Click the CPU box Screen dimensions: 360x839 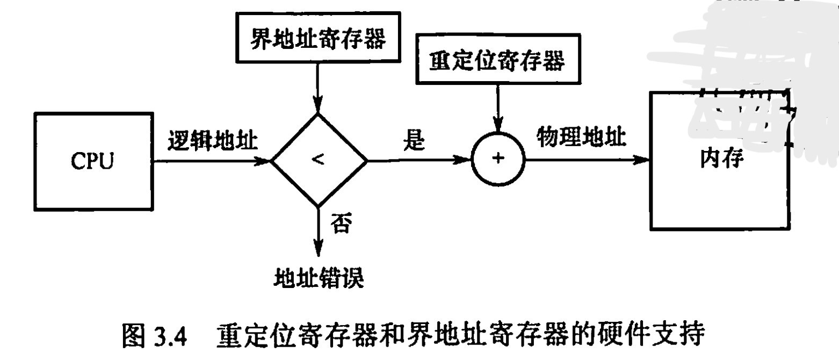93,161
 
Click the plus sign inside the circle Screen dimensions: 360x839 498,159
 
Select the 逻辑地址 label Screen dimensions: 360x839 213,141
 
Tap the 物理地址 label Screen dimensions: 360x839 582,138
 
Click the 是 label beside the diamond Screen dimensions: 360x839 414,141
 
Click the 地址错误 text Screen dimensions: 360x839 319,279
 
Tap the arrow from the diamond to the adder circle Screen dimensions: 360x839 419,160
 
